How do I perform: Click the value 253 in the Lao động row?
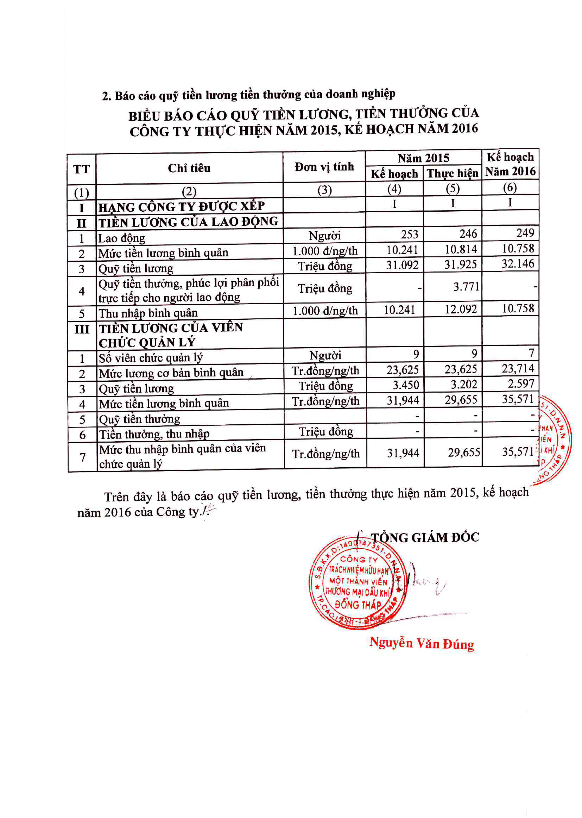point(409,234)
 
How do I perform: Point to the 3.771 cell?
point(466,287)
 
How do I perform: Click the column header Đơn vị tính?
point(324,167)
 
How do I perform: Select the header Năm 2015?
point(423,158)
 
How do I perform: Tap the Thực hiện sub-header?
point(452,174)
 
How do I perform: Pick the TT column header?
point(81,169)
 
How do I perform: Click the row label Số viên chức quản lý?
point(150,358)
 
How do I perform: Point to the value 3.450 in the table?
point(406,385)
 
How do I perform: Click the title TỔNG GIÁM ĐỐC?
point(425,538)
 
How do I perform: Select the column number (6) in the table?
point(510,187)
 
